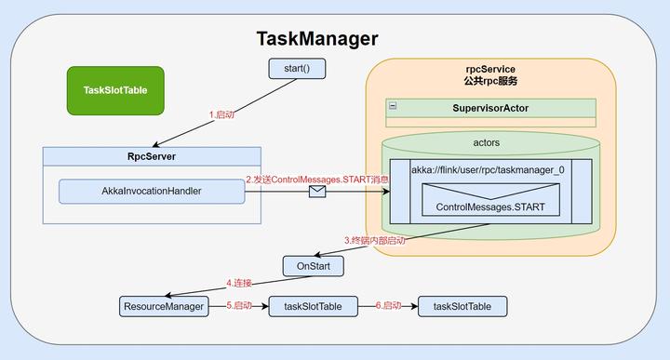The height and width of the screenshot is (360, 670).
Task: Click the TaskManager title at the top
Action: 317,39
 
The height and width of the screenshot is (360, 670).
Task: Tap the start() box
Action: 288,69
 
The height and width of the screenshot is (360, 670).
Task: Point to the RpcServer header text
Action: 152,156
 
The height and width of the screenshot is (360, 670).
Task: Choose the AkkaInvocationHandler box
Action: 152,192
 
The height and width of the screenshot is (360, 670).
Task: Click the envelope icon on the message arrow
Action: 317,193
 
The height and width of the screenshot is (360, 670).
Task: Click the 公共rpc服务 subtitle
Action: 489,82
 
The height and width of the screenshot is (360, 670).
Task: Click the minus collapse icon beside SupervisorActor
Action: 393,106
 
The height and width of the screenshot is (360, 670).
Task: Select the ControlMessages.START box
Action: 491,206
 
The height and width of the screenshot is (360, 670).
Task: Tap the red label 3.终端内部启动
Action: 375,240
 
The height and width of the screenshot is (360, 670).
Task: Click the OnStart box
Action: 314,266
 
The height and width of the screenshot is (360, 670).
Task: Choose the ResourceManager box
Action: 163,305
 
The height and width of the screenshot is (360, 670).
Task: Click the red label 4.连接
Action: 240,283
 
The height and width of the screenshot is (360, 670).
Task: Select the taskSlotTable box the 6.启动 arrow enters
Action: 462,305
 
